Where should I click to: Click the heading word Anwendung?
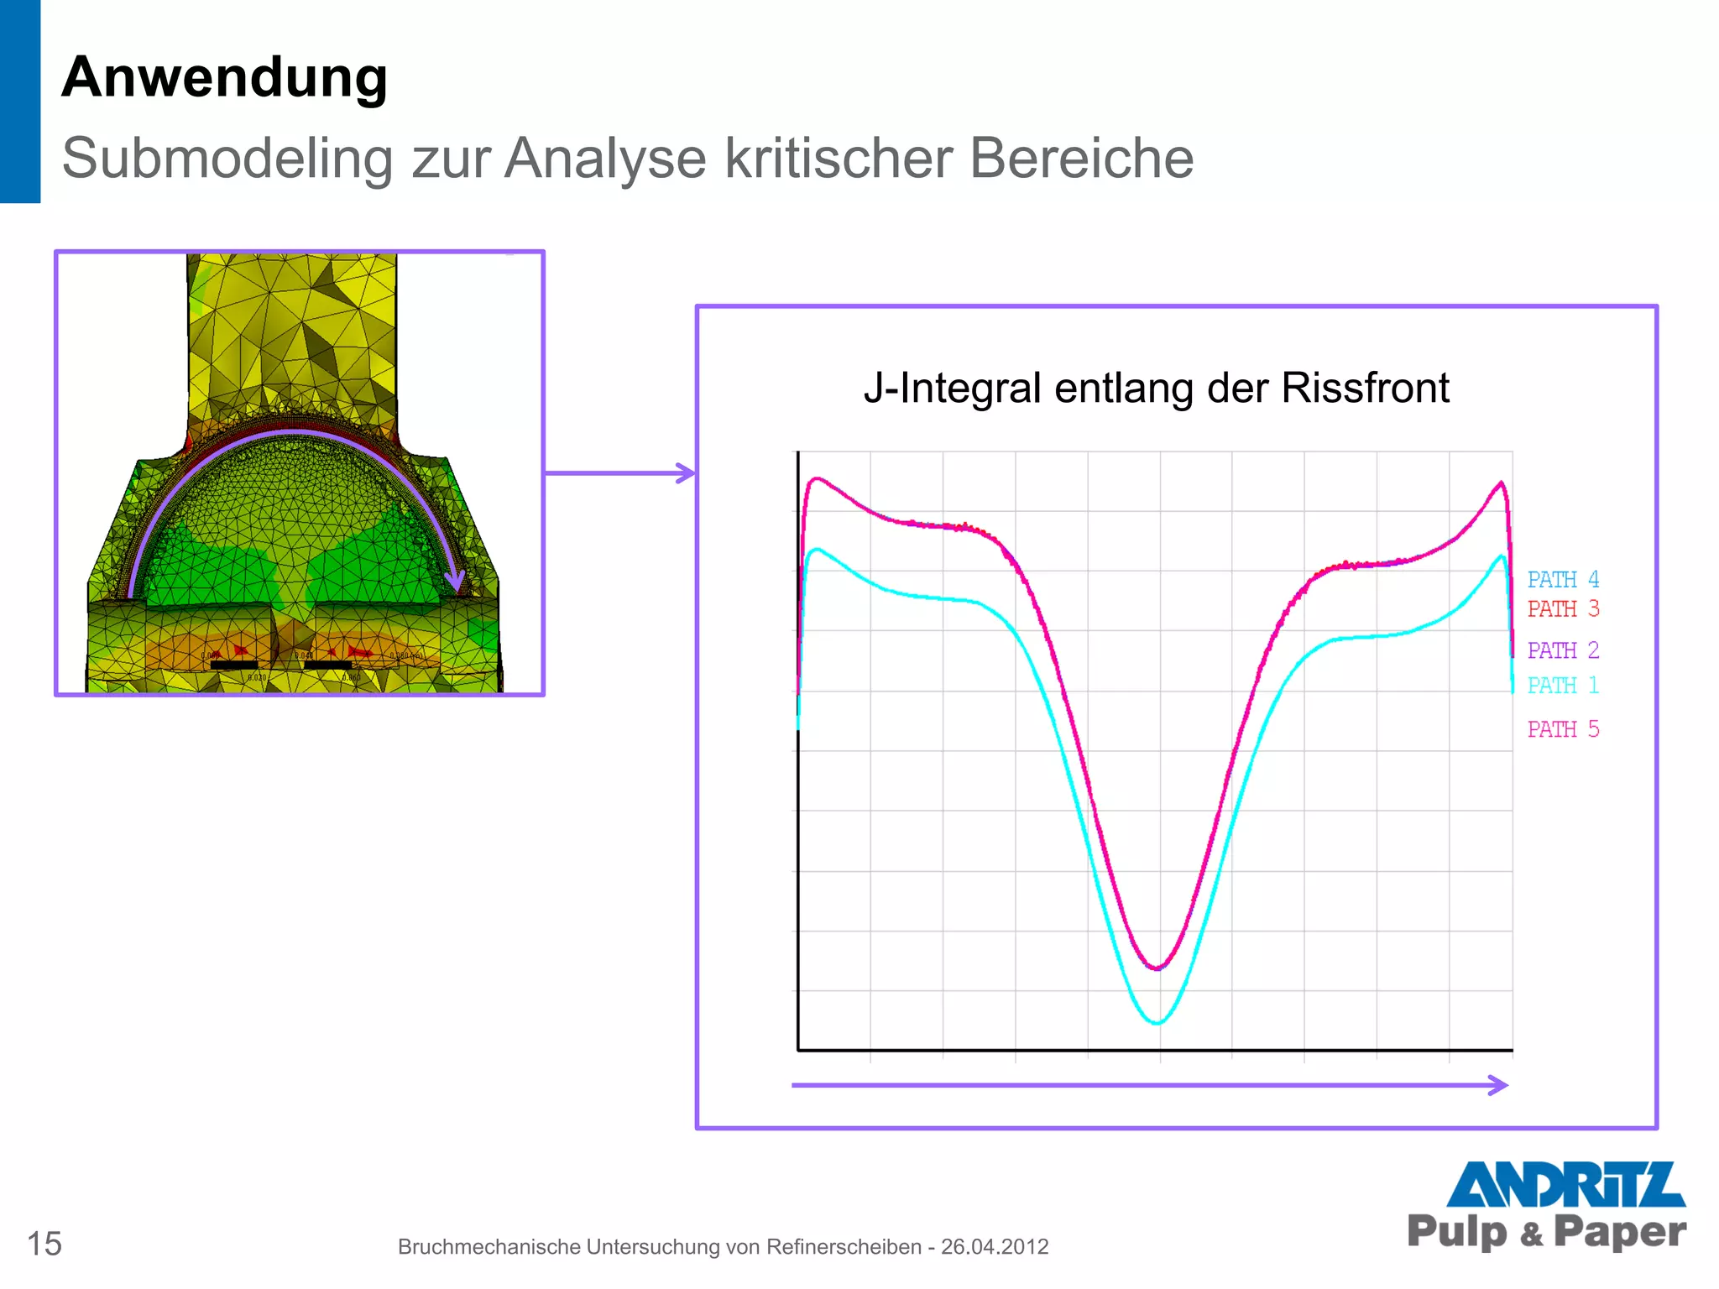224,77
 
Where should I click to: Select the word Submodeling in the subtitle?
227,158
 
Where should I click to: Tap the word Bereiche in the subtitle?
1081,158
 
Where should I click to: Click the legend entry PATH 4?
1563,580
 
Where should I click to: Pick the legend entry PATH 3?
1563,609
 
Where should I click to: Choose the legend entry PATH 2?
1563,650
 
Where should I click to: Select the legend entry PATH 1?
1563,686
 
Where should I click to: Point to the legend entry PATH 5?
1563,729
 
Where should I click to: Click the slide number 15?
44,1244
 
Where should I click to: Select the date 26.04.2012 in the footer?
995,1247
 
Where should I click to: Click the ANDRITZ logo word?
1565,1184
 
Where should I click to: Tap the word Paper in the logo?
1619,1232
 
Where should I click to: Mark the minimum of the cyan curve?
1157,1023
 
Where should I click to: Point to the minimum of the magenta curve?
1157,968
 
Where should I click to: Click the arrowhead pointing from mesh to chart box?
687,473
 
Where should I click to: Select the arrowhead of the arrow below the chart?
1499,1085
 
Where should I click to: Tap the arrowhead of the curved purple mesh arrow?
455,580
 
